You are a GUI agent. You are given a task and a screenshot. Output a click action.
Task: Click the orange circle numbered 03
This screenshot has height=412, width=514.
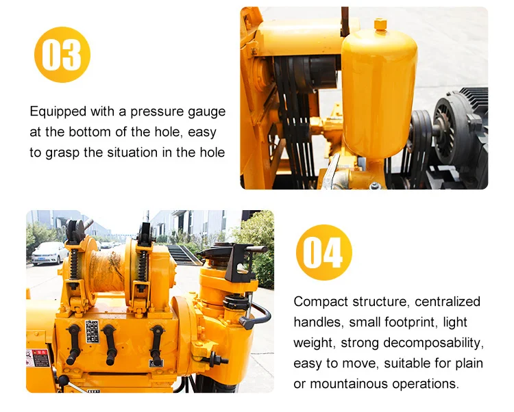62,55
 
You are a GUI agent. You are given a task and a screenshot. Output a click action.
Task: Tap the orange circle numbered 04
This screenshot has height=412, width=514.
323,253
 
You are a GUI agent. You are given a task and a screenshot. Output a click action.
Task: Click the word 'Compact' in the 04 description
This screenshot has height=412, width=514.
321,302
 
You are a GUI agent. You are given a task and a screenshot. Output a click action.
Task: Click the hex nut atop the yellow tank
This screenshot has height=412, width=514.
380,25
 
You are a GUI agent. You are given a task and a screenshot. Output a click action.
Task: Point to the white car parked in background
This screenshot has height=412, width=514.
49,252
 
